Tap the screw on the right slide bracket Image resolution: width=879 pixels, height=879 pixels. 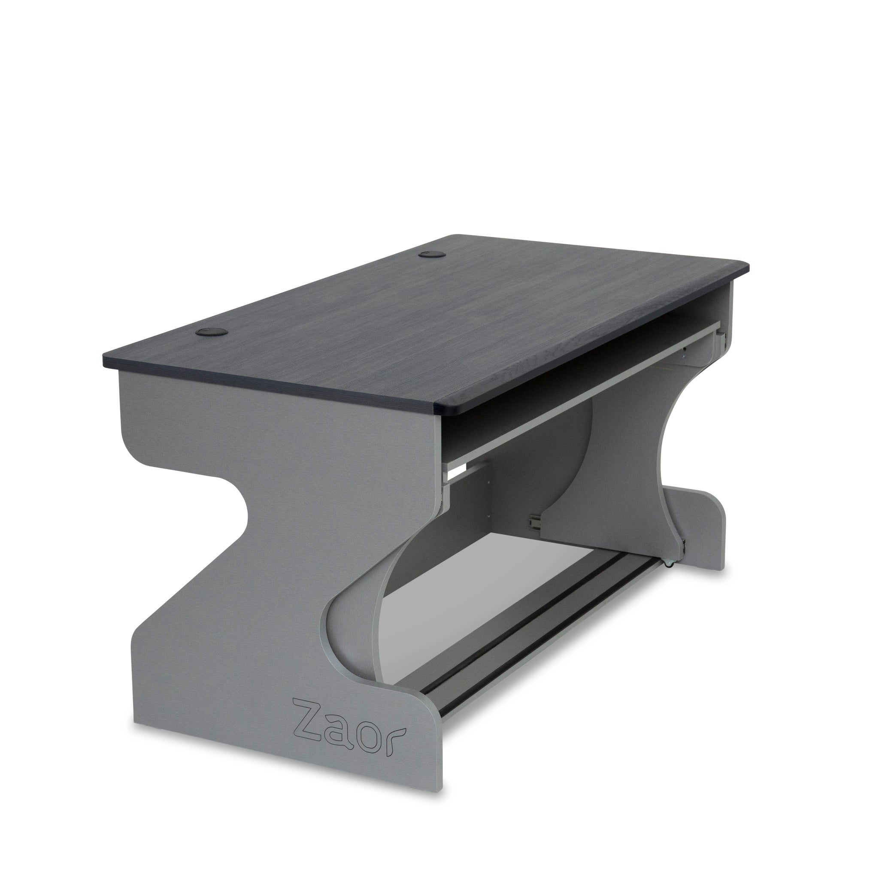[x=683, y=349]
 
